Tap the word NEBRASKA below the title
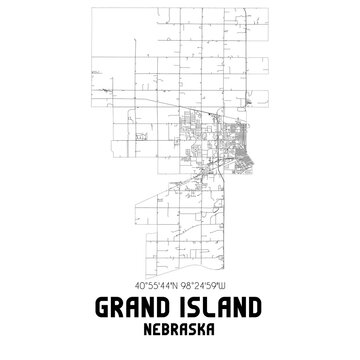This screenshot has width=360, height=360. pyautogui.click(x=180, y=328)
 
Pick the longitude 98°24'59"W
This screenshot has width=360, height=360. pyautogui.click(x=211, y=282)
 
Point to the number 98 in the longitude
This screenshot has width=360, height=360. pyautogui.click(x=190, y=282)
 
